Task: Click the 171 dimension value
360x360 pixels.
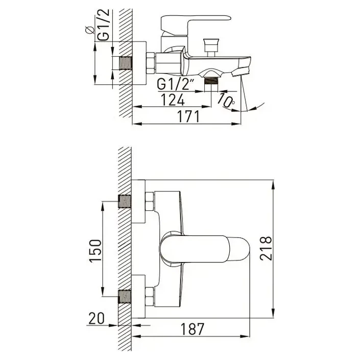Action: click(x=188, y=116)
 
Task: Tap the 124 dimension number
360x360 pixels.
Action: click(x=173, y=100)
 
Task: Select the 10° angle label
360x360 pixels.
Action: click(x=226, y=101)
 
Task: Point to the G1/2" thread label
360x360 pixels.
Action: click(x=174, y=84)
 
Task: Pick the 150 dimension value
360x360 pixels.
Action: click(x=95, y=251)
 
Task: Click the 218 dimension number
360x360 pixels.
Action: click(x=266, y=248)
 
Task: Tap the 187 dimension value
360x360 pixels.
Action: click(x=193, y=329)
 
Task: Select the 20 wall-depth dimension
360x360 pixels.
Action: click(x=97, y=319)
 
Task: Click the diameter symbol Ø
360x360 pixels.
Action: click(x=89, y=30)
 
